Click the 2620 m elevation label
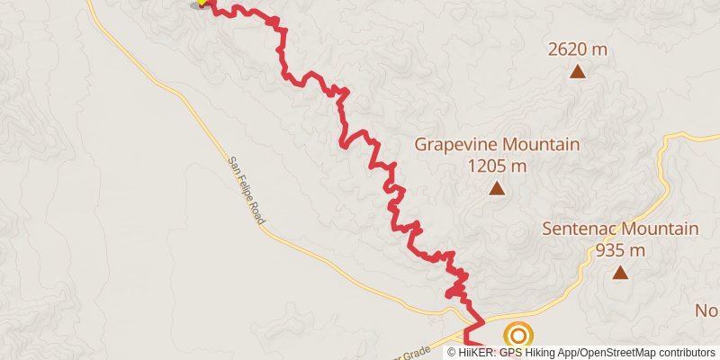click(x=577, y=49)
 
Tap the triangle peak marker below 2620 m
click(x=577, y=70)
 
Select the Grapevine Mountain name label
click(x=497, y=144)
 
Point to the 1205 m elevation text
click(x=497, y=166)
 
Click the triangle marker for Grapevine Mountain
click(x=497, y=188)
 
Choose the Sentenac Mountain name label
click(x=621, y=229)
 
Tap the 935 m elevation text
click(x=621, y=250)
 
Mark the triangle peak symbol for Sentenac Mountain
click(x=620, y=272)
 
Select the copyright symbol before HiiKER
click(x=453, y=352)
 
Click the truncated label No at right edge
click(x=707, y=310)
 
